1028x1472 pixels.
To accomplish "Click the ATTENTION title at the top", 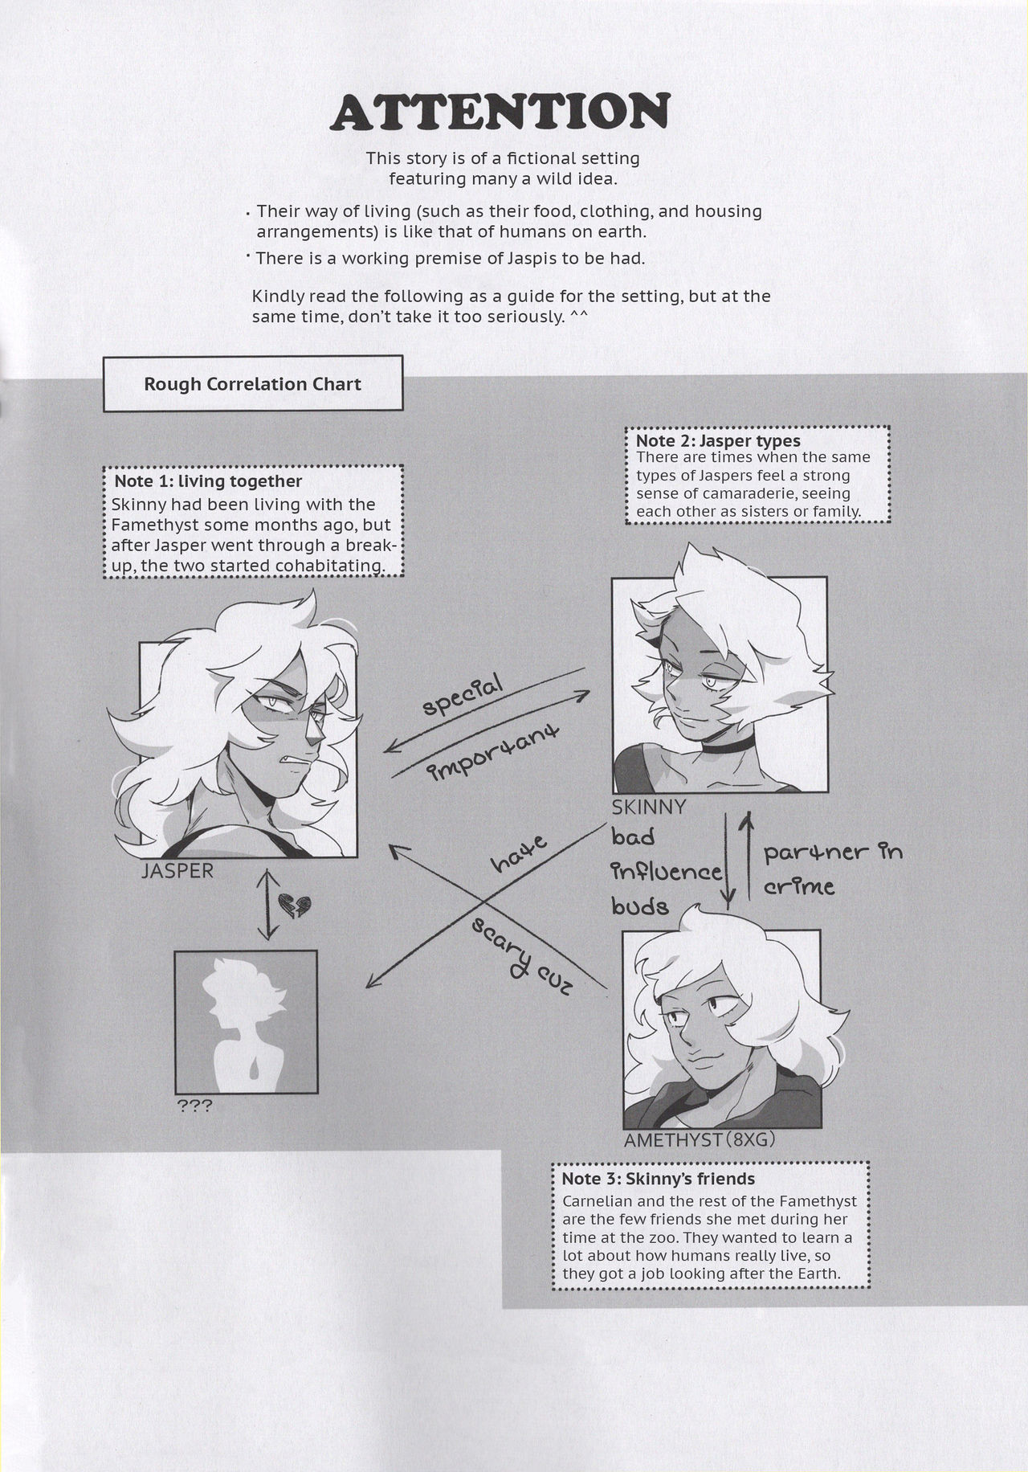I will (x=500, y=112).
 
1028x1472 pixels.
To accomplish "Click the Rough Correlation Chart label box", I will (x=252, y=384).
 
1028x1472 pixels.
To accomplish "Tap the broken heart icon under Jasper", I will (x=292, y=906).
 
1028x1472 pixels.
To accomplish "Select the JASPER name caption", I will (x=177, y=872).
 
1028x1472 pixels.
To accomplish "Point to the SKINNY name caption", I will (x=649, y=807).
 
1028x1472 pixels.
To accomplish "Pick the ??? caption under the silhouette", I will (x=194, y=1106).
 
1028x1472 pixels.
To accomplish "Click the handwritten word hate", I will (x=519, y=854).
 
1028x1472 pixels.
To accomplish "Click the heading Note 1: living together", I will (x=208, y=481).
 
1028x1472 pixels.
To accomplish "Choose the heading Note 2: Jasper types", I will (x=717, y=440).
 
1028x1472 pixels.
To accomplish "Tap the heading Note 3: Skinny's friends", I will (x=658, y=1179).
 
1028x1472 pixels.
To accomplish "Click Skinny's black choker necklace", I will (x=724, y=746).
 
